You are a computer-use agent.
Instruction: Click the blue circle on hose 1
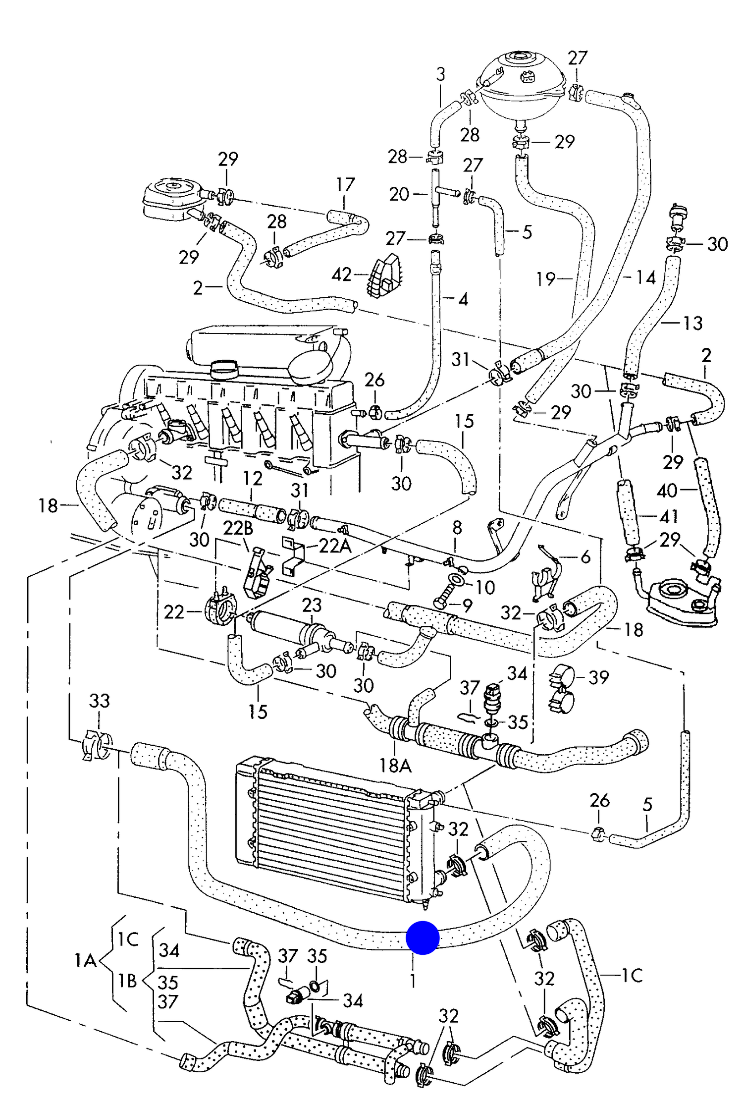[x=423, y=938]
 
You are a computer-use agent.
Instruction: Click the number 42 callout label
[x=341, y=275]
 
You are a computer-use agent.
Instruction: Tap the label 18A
[x=395, y=766]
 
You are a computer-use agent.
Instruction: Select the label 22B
[x=238, y=528]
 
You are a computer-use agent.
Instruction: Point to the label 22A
[x=335, y=546]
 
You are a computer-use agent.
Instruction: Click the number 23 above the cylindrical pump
[x=312, y=605]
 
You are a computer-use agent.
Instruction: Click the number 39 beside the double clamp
[x=598, y=677]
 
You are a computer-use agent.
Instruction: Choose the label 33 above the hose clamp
[x=99, y=701]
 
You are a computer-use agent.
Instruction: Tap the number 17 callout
[x=345, y=185]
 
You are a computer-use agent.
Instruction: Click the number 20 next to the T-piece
[x=399, y=194]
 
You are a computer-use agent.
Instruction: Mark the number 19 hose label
[x=546, y=279]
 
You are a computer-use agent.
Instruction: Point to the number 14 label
[x=645, y=277]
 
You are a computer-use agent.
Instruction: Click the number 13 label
[x=692, y=324]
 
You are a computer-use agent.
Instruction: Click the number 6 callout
[x=585, y=557]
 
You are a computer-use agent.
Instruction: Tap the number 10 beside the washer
[x=485, y=588]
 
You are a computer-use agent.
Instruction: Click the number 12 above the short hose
[x=253, y=479]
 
